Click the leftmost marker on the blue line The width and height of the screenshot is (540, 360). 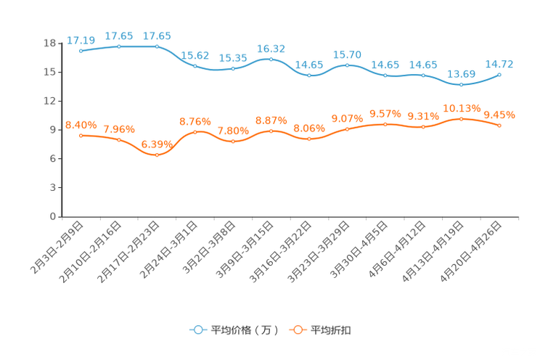point(81,52)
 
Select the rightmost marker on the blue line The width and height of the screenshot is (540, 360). point(500,74)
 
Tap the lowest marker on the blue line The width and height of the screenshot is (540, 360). point(462,84)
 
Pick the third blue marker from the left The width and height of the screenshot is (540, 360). point(157,46)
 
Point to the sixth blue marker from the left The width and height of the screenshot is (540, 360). point(271,59)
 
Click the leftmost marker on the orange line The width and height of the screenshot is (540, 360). point(81,136)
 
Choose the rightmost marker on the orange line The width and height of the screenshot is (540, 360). point(500,126)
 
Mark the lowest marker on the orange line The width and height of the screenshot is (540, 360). point(157,155)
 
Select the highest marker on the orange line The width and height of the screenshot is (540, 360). point(462,118)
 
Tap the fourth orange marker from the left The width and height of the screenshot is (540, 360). point(195,132)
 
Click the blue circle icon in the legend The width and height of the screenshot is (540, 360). point(198,330)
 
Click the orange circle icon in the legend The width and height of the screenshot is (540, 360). point(298,330)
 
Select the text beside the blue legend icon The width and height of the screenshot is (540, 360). point(244,331)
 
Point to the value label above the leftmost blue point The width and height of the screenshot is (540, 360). point(81,40)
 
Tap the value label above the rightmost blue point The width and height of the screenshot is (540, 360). point(500,63)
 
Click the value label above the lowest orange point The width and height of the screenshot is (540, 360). point(157,144)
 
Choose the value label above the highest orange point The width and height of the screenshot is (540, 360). point(462,108)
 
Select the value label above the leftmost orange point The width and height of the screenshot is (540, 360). point(81,125)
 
